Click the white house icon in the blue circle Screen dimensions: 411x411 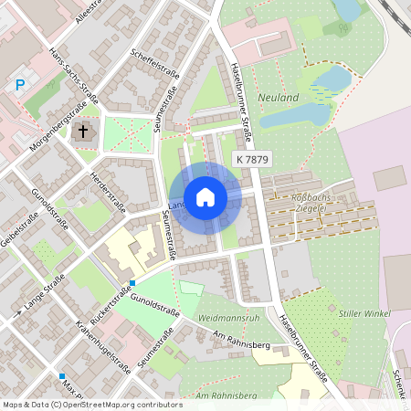205,197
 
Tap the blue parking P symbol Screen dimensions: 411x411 20,86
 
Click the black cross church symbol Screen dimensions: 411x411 83,132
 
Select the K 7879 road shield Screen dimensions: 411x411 251,160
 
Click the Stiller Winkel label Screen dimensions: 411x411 364,312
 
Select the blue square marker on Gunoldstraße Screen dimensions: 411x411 132,283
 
